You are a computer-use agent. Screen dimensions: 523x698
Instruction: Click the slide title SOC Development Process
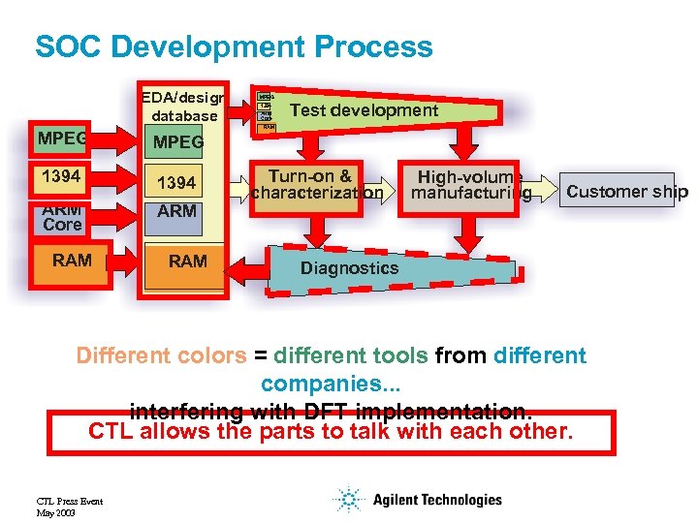click(x=234, y=46)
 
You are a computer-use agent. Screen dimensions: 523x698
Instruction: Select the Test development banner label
click(x=364, y=110)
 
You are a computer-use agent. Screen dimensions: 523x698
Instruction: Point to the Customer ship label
click(x=626, y=191)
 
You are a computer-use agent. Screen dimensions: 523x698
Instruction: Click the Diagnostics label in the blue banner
click(x=350, y=268)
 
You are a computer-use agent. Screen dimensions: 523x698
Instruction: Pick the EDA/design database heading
click(x=183, y=106)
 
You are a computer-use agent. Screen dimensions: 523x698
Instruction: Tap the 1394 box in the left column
click(x=64, y=178)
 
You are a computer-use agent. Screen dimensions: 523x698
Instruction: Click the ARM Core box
click(x=62, y=218)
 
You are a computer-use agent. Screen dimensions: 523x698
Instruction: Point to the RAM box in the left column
click(x=72, y=261)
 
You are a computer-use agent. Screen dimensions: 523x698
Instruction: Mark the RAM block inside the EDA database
click(x=186, y=261)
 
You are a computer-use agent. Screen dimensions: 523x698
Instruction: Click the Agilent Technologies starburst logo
click(x=346, y=500)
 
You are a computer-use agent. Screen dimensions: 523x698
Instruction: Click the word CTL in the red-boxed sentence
click(x=111, y=432)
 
